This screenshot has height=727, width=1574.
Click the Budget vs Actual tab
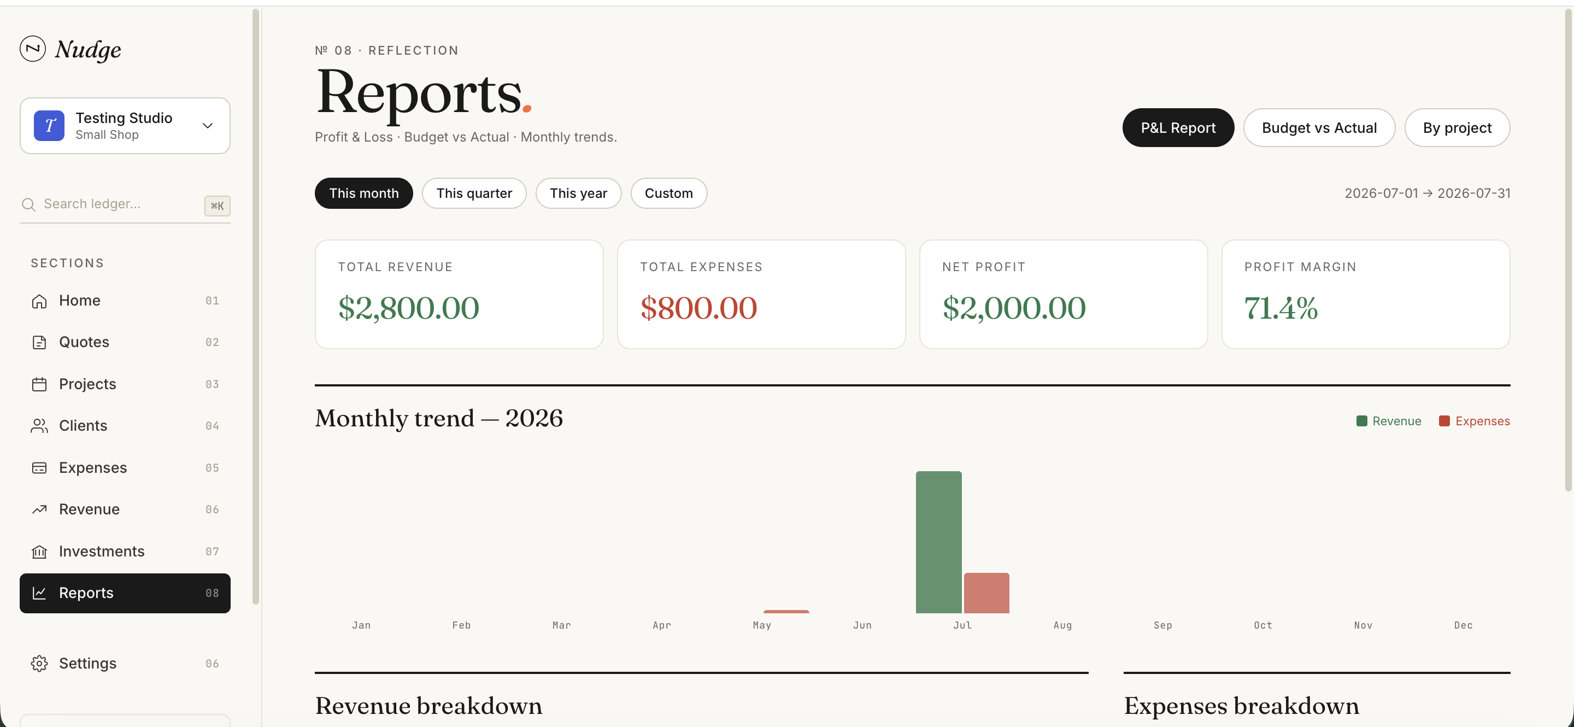(x=1319, y=128)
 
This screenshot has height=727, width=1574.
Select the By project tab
(x=1456, y=128)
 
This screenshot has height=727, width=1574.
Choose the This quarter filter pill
(x=474, y=193)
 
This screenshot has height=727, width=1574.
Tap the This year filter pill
(x=578, y=193)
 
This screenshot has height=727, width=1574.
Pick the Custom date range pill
(x=668, y=193)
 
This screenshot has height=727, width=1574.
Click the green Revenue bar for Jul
(x=938, y=542)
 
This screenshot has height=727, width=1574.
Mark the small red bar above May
(x=786, y=611)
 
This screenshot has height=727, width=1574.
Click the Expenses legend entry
(x=1475, y=421)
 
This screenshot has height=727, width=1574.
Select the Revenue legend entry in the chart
(x=1389, y=421)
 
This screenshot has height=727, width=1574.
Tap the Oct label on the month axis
(x=1263, y=625)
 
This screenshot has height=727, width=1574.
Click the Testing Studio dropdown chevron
(x=208, y=125)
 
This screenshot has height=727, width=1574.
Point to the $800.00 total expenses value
(x=698, y=307)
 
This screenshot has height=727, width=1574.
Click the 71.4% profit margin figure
(x=1281, y=307)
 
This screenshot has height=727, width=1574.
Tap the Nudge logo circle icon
(x=32, y=48)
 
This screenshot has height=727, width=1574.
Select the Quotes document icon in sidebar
(x=39, y=342)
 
